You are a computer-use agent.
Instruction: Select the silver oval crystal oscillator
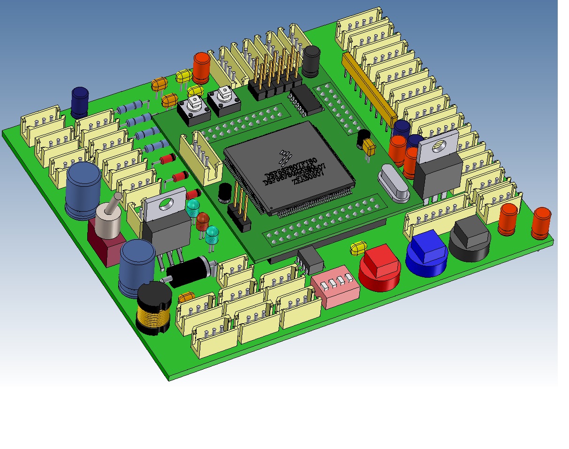click(395, 183)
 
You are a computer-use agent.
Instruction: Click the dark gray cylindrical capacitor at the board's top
click(311, 61)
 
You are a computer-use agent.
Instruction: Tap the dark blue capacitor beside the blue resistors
click(80, 102)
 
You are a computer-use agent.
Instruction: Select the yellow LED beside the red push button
click(358, 248)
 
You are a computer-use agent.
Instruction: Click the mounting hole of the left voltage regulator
click(164, 205)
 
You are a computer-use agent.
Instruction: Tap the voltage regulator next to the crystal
click(437, 164)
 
